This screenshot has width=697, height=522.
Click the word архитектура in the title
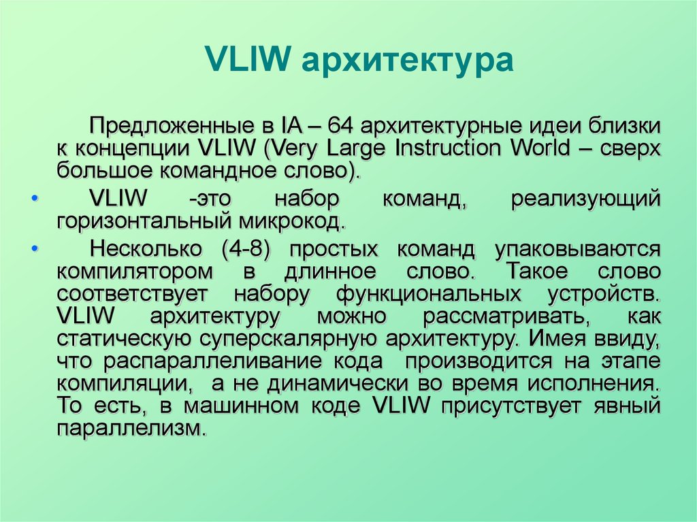(x=407, y=61)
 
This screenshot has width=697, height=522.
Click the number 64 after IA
(x=340, y=127)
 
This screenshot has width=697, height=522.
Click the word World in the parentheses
(x=540, y=148)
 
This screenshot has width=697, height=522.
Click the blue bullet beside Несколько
(x=35, y=248)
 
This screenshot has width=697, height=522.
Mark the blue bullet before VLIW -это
(x=35, y=198)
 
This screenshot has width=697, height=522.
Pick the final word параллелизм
(x=132, y=429)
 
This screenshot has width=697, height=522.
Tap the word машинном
(x=242, y=406)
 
